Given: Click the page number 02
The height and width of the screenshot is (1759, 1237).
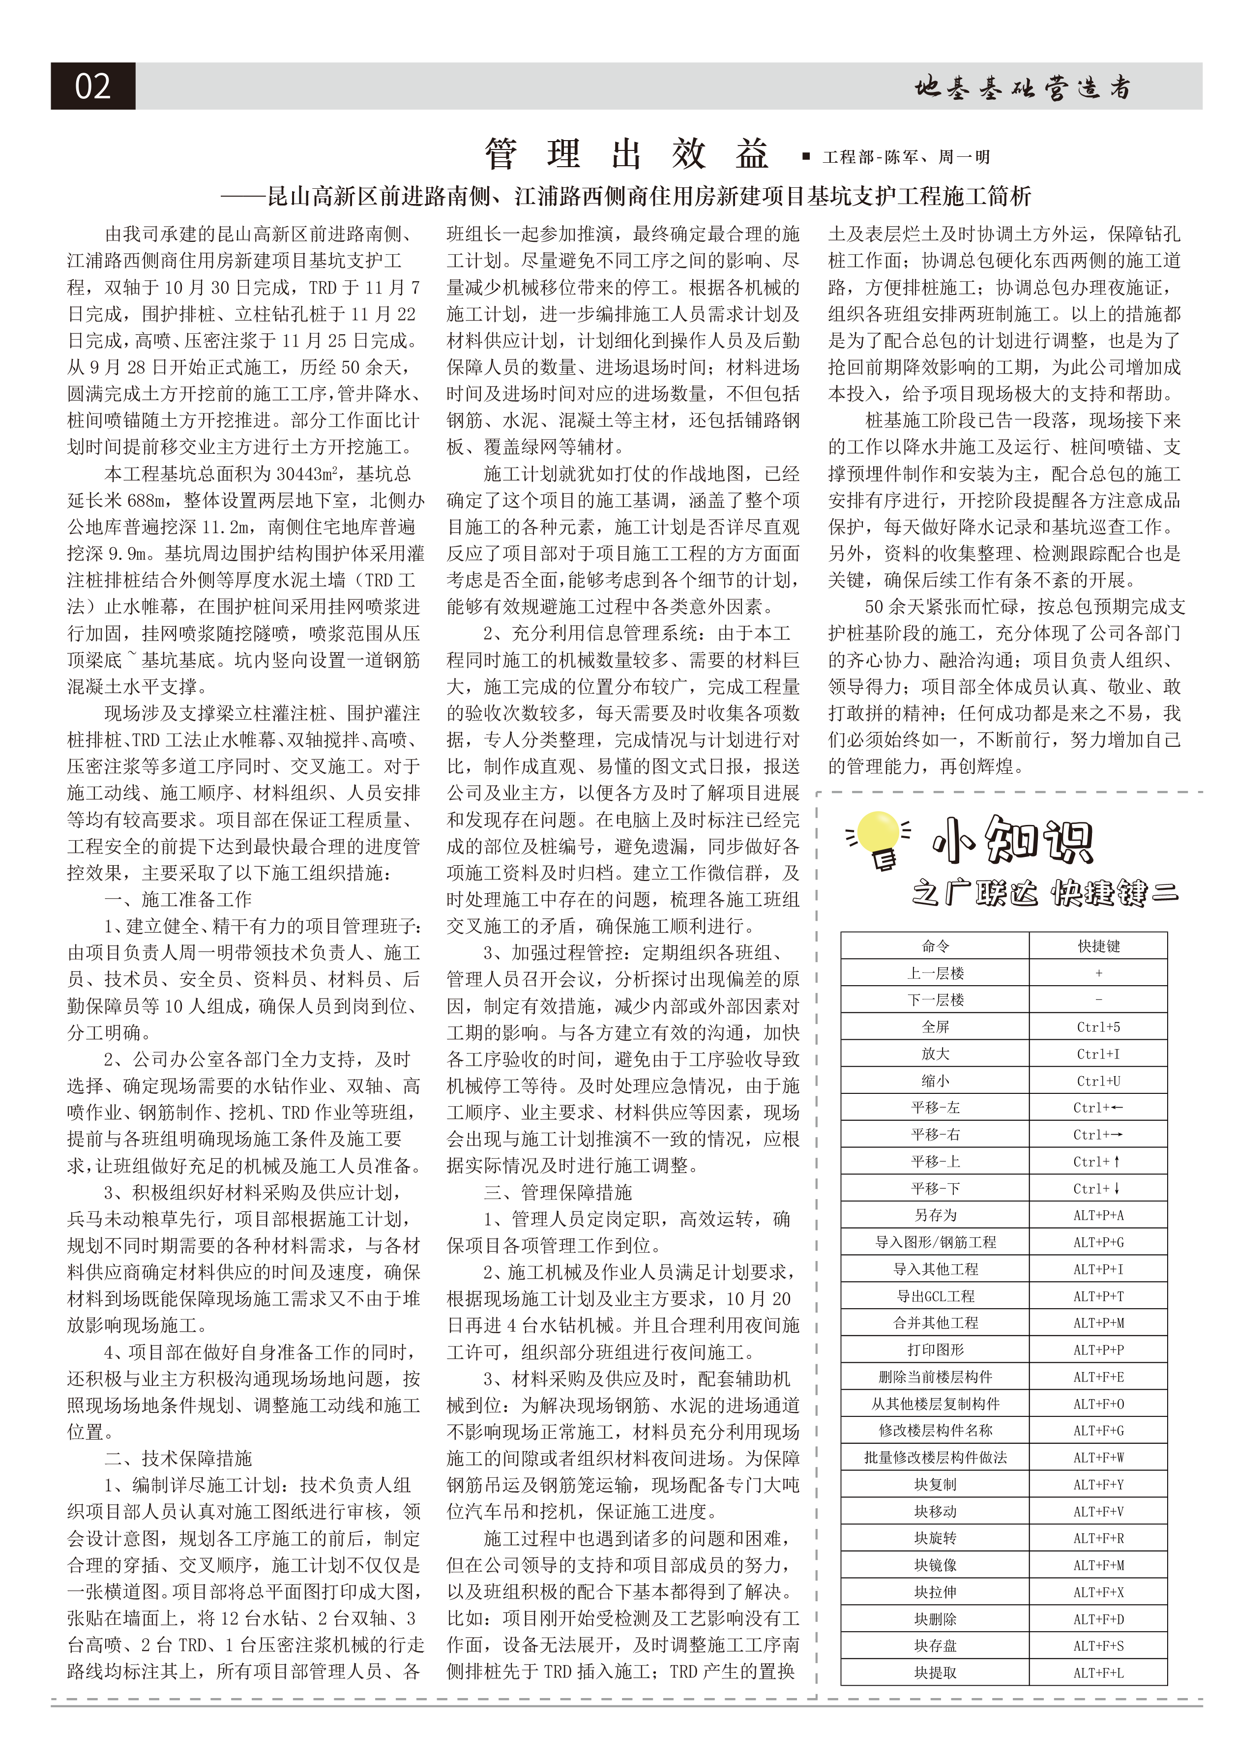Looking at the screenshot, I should click(x=93, y=86).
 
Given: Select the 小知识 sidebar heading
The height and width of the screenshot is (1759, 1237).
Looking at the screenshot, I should click(x=1013, y=841).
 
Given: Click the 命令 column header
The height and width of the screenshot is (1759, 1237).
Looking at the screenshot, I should click(x=935, y=946).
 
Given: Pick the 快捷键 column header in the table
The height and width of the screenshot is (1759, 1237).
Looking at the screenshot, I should click(x=1098, y=946).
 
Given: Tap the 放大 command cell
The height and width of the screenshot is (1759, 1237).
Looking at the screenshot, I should click(x=935, y=1054).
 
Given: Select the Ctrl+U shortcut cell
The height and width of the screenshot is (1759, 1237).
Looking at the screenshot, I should click(x=1098, y=1081).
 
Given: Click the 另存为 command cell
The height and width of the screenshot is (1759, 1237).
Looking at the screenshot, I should click(x=935, y=1215).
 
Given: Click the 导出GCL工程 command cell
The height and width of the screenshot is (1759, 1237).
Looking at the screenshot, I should click(x=935, y=1296).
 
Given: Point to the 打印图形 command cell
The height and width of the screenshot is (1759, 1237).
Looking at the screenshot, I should click(x=935, y=1350).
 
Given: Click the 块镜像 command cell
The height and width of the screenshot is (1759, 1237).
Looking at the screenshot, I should click(x=935, y=1565).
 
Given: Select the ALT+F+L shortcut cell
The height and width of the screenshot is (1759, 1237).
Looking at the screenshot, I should click(x=1098, y=1673).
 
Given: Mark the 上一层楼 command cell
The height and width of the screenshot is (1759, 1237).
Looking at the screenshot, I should click(x=935, y=973).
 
